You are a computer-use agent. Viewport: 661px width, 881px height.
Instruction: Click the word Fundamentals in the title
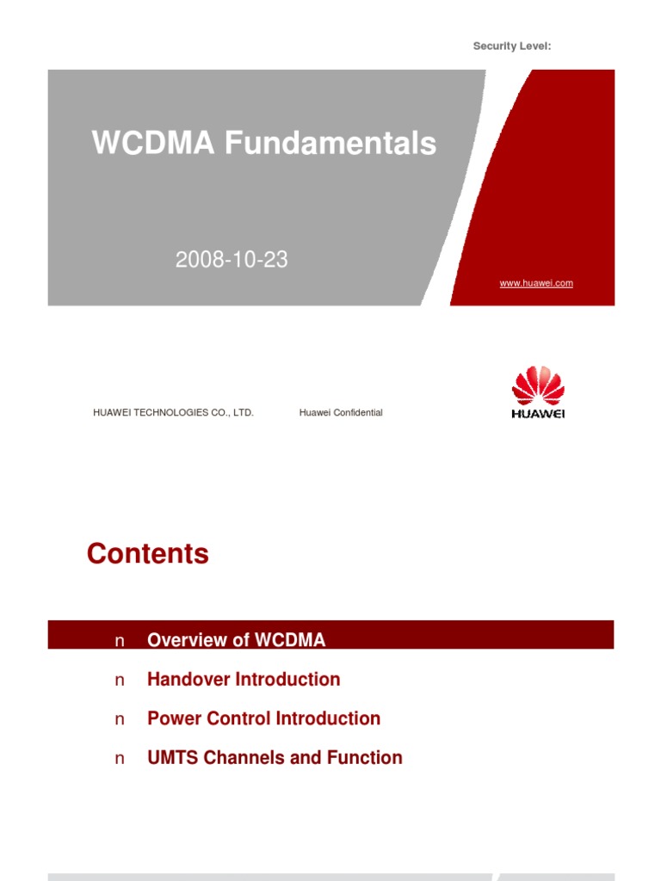coord(330,144)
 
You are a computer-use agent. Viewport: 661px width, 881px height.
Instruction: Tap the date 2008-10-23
coord(232,260)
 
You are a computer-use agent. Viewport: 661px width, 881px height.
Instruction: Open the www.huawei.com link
coord(536,283)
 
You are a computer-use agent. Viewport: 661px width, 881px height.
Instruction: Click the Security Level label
coord(511,46)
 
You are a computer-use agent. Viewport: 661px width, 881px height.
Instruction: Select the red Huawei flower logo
coord(538,386)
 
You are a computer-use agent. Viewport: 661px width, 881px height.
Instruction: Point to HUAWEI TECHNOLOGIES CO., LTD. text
coord(173,413)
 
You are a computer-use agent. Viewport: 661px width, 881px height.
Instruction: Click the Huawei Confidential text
coord(341,413)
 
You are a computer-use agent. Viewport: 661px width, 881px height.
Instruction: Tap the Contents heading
coord(148,554)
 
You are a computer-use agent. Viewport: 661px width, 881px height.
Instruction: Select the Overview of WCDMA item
coord(237,640)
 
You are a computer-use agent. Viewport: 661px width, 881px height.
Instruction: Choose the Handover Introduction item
coord(244,680)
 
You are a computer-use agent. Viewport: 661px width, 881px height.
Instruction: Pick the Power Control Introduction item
coord(263,718)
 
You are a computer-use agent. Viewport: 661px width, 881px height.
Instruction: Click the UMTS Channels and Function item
coord(275,758)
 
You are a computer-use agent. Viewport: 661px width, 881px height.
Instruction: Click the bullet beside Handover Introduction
coord(120,681)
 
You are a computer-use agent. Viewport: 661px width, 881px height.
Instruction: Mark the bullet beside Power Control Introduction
coord(120,719)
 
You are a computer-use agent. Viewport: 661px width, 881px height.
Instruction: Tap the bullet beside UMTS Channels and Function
coord(120,759)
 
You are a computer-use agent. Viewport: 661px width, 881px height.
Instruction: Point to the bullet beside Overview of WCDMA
coord(120,641)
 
